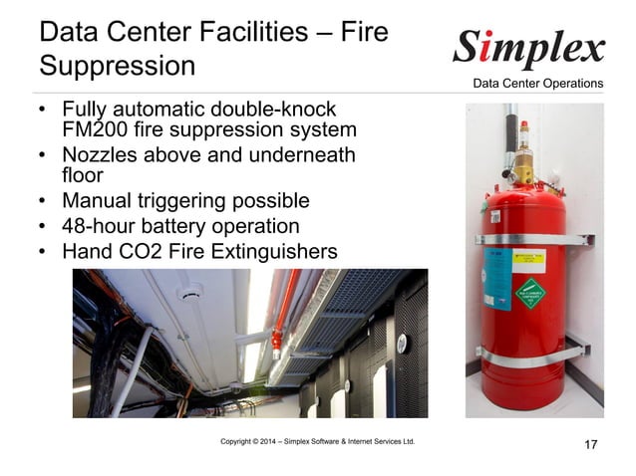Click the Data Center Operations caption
537,83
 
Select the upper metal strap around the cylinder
528,238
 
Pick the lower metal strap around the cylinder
528,351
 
